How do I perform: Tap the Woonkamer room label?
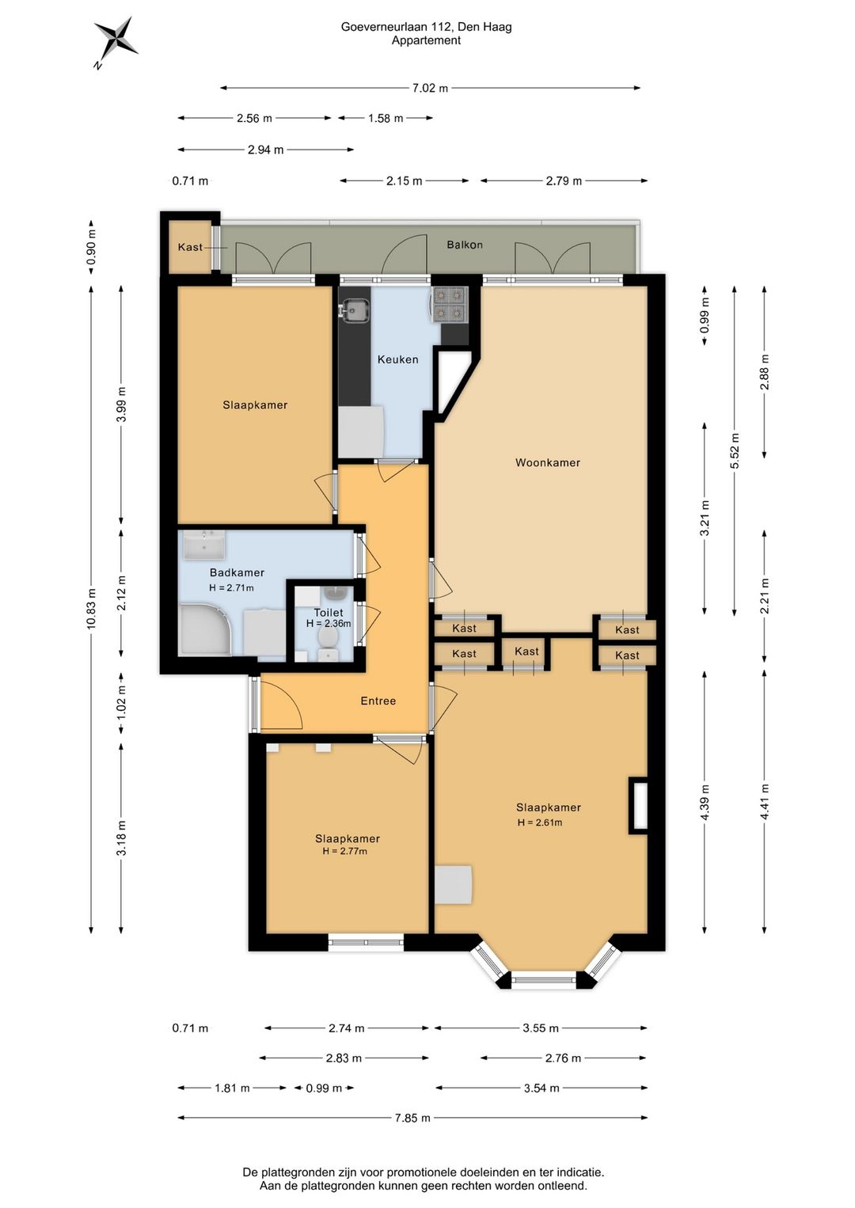pyautogui.click(x=548, y=462)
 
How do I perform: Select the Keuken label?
pyautogui.click(x=397, y=359)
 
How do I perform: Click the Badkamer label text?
pyautogui.click(x=237, y=572)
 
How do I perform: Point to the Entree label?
pyautogui.click(x=378, y=701)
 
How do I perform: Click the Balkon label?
pyautogui.click(x=465, y=245)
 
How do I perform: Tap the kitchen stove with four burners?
pyautogui.click(x=450, y=304)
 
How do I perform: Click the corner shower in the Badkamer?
pyautogui.click(x=204, y=630)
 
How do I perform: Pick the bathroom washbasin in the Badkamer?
pyautogui.click(x=204, y=544)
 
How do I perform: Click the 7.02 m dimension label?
pyautogui.click(x=430, y=88)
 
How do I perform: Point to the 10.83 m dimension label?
pyautogui.click(x=91, y=607)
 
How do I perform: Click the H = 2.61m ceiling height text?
pyautogui.click(x=539, y=822)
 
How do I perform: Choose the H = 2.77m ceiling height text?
pyautogui.click(x=344, y=851)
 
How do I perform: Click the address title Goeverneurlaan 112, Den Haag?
pyautogui.click(x=426, y=26)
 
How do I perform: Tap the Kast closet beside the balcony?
pyautogui.click(x=189, y=246)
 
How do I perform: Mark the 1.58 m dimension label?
pyautogui.click(x=386, y=118)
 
